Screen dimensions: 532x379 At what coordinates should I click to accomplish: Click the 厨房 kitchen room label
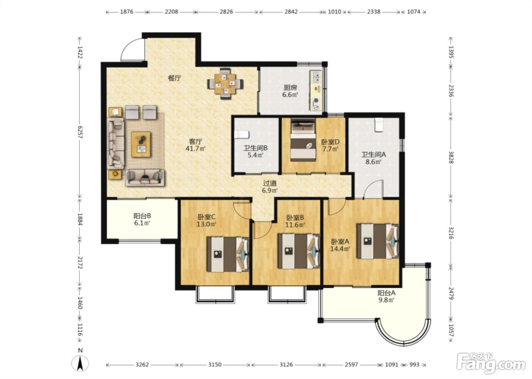pos(290,88)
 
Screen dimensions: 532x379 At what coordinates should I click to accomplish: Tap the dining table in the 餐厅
pos(225,84)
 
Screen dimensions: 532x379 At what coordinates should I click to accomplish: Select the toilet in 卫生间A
pos(378,124)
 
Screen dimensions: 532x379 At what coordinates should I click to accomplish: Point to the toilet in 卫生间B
pos(242,135)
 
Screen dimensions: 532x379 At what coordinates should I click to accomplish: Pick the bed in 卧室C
pos(228,255)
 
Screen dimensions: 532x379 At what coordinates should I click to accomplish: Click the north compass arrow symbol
pos(80,363)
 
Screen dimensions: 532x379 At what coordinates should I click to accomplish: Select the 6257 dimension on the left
pos(80,132)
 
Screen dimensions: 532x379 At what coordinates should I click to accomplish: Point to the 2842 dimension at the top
pos(291,12)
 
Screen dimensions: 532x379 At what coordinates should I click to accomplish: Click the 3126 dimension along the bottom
pos(286,365)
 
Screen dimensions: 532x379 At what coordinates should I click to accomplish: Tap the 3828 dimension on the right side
pos(451,157)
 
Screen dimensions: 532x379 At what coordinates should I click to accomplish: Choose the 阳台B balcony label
pos(142,216)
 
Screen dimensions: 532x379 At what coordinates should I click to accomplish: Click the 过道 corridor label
pos(270,183)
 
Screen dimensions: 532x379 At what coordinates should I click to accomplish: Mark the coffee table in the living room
pos(141,144)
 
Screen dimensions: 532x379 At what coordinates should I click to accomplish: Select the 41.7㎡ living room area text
pos(195,149)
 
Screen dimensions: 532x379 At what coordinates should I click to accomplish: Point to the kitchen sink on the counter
pos(317,76)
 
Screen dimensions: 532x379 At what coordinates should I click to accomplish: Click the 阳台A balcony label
pos(386,293)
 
